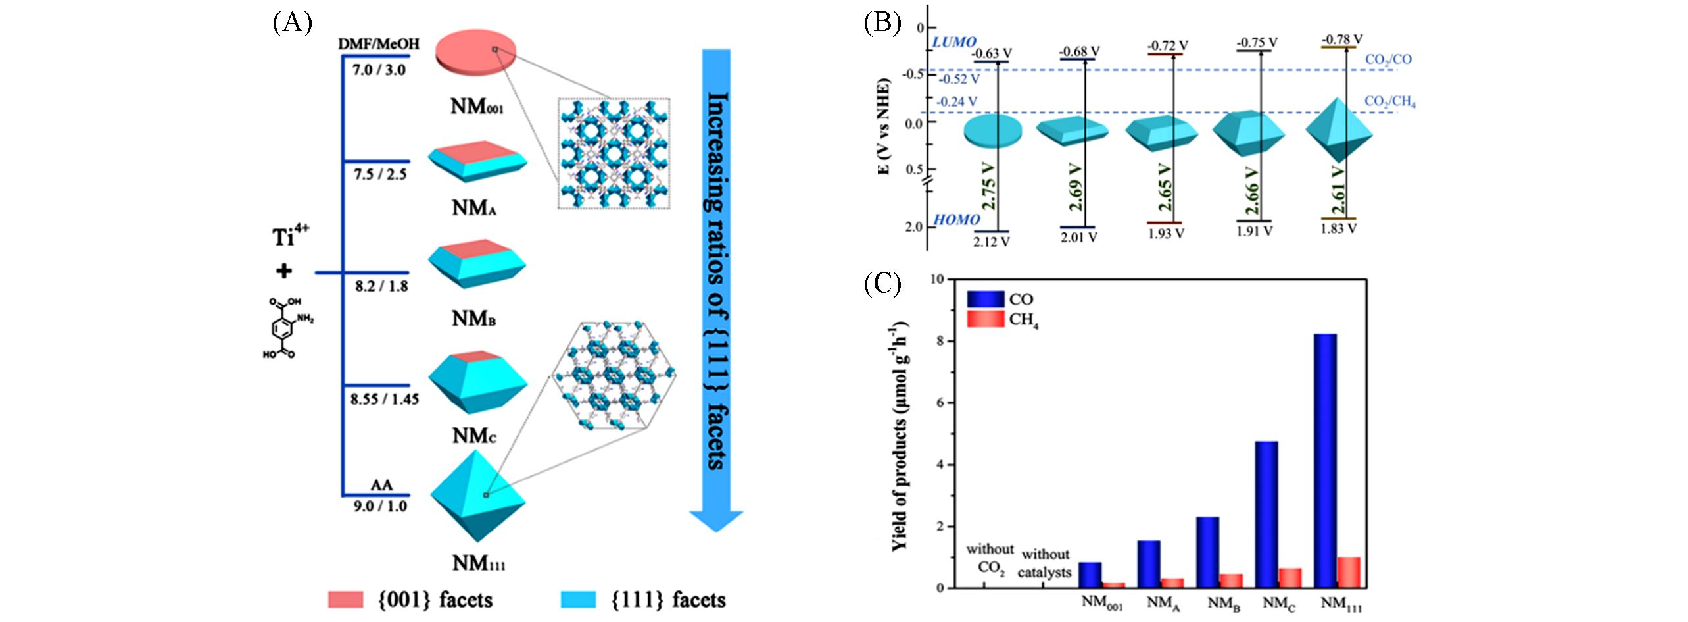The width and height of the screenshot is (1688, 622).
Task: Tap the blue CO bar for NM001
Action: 1090,575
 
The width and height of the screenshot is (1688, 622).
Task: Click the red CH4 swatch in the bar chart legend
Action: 985,319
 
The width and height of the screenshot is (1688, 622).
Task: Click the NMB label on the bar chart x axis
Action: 1223,604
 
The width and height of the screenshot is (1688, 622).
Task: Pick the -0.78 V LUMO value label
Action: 1341,39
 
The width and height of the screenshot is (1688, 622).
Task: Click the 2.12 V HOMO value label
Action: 991,242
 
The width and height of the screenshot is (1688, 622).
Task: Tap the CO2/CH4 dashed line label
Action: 1389,103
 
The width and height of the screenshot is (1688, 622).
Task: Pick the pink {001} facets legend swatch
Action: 345,600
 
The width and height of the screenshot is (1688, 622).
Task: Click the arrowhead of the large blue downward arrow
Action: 715,519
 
